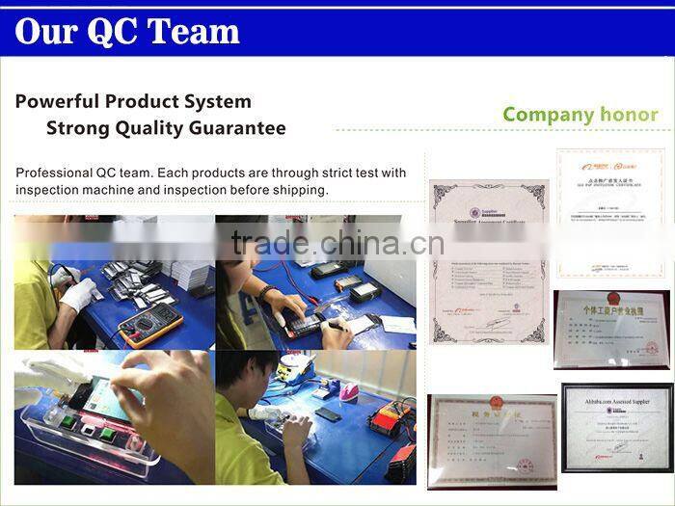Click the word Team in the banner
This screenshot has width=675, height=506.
[x=189, y=31]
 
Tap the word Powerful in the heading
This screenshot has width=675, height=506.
[x=57, y=101]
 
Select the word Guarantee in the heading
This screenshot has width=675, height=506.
[x=237, y=128]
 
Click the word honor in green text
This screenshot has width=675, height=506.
[x=629, y=115]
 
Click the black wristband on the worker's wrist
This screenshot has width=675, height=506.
[x=266, y=291]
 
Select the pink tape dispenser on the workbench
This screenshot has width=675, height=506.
[x=348, y=390]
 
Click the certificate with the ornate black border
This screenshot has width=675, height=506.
[x=488, y=261]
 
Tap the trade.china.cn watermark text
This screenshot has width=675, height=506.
[x=337, y=244]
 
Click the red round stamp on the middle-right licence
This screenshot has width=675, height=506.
[x=652, y=347]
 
